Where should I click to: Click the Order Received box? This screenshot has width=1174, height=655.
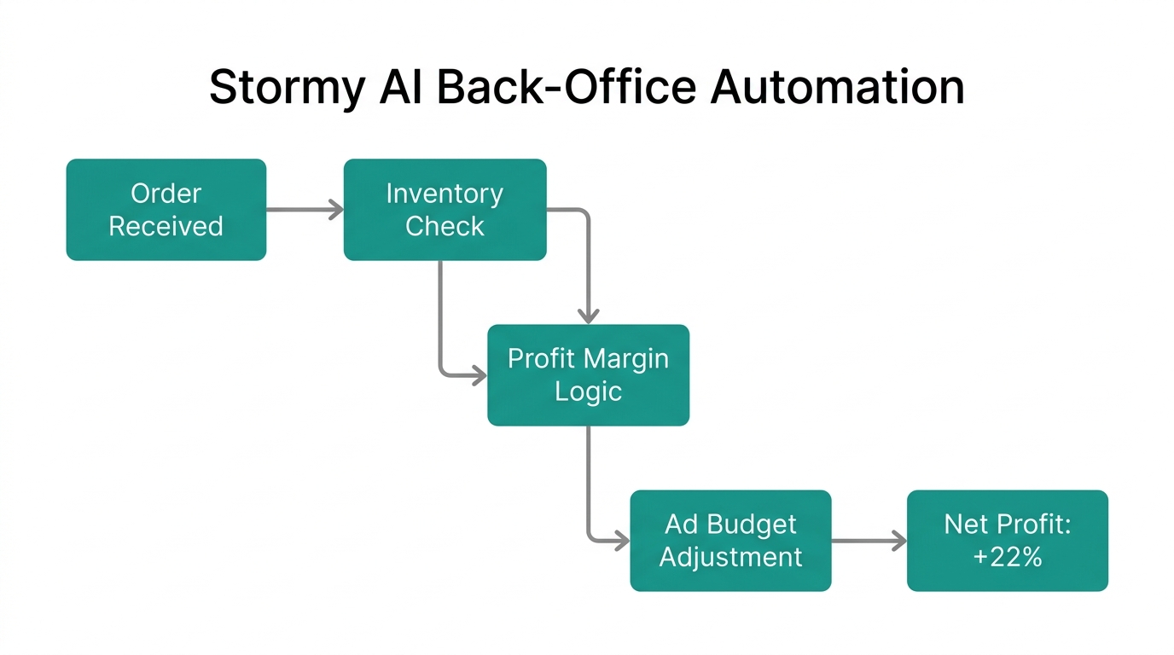[x=166, y=210]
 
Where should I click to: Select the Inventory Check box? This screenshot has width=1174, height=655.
[x=445, y=210]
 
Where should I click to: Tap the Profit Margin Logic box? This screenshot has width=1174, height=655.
[x=588, y=375]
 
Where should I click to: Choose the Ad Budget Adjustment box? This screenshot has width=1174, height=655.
[x=730, y=541]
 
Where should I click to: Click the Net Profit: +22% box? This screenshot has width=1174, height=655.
[x=1007, y=541]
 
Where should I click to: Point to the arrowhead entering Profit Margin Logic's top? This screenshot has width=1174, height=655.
[x=588, y=316]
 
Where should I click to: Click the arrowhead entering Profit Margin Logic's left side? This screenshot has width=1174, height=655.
[x=479, y=375]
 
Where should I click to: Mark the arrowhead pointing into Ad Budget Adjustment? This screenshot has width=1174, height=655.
[x=621, y=541]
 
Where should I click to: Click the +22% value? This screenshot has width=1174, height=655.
[x=1007, y=557]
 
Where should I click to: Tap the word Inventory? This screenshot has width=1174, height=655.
[x=445, y=194]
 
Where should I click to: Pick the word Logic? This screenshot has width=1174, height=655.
[x=588, y=392]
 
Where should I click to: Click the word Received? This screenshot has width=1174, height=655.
[x=166, y=227]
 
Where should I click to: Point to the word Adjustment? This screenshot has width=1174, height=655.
[x=730, y=557]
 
